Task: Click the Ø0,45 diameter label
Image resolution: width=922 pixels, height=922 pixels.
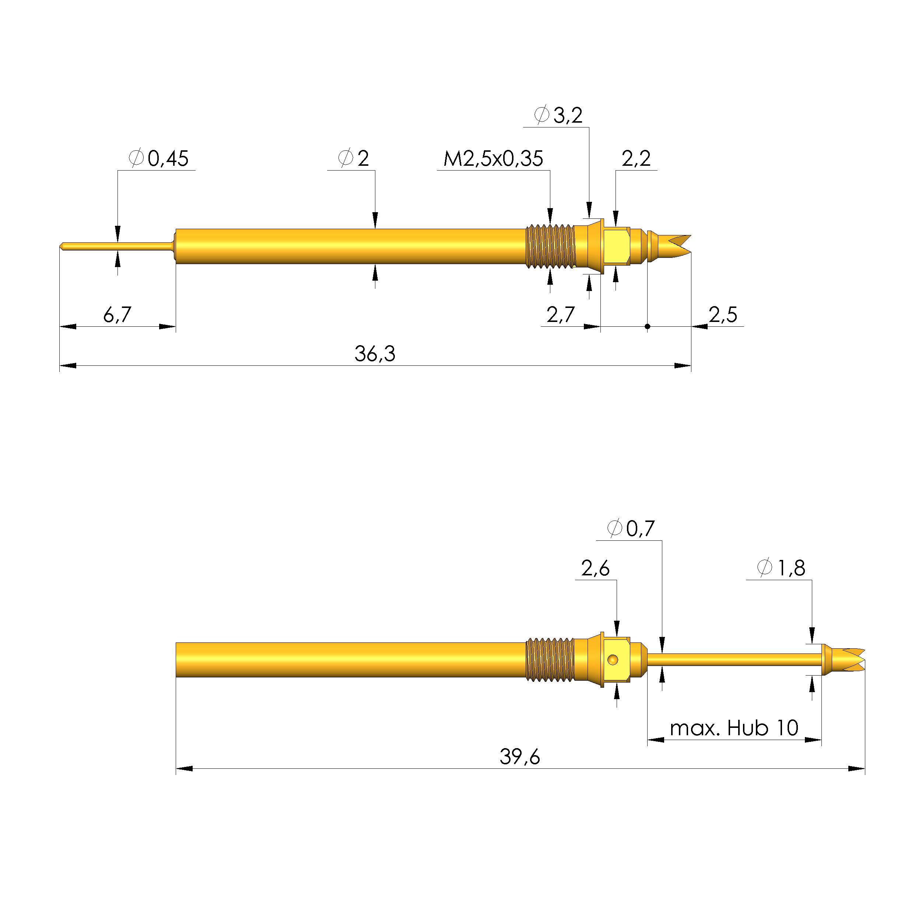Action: point(159,158)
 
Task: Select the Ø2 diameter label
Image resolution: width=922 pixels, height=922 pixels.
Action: point(353,158)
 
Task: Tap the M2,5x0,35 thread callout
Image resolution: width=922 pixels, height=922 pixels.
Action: point(493,158)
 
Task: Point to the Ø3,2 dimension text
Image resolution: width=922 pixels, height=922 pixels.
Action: point(558,115)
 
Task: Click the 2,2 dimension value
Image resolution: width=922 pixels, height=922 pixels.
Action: point(636,158)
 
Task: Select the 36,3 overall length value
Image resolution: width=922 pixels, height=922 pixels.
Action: point(375,354)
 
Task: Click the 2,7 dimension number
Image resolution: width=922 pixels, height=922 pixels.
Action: point(560,315)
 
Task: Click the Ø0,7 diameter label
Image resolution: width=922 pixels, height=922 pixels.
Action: point(631,528)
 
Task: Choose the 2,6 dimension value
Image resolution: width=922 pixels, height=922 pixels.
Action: point(595,568)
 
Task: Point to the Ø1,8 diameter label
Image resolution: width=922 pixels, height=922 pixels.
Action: point(781,568)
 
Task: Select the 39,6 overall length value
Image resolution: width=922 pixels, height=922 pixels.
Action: point(520,756)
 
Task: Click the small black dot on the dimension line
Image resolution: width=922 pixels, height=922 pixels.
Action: point(647,326)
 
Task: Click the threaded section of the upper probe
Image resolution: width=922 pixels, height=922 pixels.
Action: point(550,246)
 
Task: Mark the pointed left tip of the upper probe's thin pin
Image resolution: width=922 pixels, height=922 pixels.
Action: point(61,246)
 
